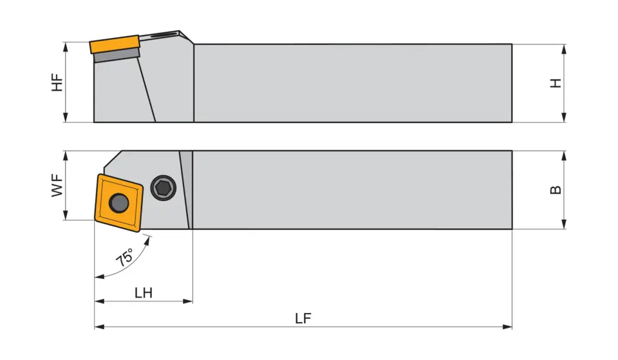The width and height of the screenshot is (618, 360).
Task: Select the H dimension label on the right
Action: click(x=556, y=82)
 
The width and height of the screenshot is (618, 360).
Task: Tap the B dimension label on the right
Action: click(x=556, y=190)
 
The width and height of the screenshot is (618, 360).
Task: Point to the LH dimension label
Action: click(x=144, y=292)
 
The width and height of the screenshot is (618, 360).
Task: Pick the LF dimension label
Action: click(x=303, y=318)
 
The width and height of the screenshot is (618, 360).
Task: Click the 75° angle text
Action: click(x=125, y=257)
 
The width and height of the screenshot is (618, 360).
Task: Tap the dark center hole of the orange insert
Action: click(x=118, y=203)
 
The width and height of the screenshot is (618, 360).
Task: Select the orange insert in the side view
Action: click(x=115, y=45)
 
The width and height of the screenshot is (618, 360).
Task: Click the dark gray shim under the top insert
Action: click(x=117, y=57)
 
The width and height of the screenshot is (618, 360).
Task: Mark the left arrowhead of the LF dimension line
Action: click(x=98, y=327)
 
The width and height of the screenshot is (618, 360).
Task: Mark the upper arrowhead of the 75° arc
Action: click(x=151, y=239)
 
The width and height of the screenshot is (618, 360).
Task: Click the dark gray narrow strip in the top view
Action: click(x=186, y=189)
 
